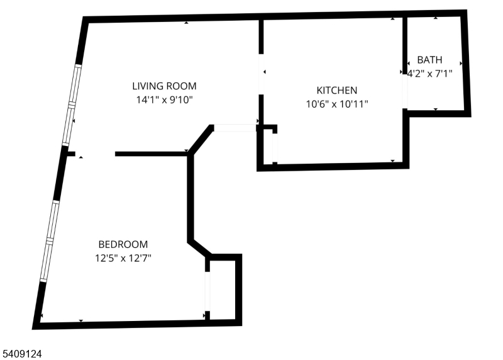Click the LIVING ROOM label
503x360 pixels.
point(164,86)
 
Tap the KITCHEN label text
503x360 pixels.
point(337,91)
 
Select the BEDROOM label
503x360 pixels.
point(123,244)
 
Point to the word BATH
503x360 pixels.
point(429,60)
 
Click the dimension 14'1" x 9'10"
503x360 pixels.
point(164,100)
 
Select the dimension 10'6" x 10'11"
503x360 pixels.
point(337,104)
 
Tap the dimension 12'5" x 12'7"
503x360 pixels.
point(123,258)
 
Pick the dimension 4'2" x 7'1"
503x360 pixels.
point(429,74)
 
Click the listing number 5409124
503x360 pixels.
point(22,354)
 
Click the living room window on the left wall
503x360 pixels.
point(72,105)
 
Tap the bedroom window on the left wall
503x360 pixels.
point(50,241)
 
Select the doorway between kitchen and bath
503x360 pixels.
point(405,91)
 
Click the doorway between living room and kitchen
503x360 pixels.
point(261,74)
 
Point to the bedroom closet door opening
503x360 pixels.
point(207,291)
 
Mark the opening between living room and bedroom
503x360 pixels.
point(95,154)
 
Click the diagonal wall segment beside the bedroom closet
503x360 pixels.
point(199,247)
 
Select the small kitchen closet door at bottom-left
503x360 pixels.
point(275,148)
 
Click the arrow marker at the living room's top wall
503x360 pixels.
point(186,23)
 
